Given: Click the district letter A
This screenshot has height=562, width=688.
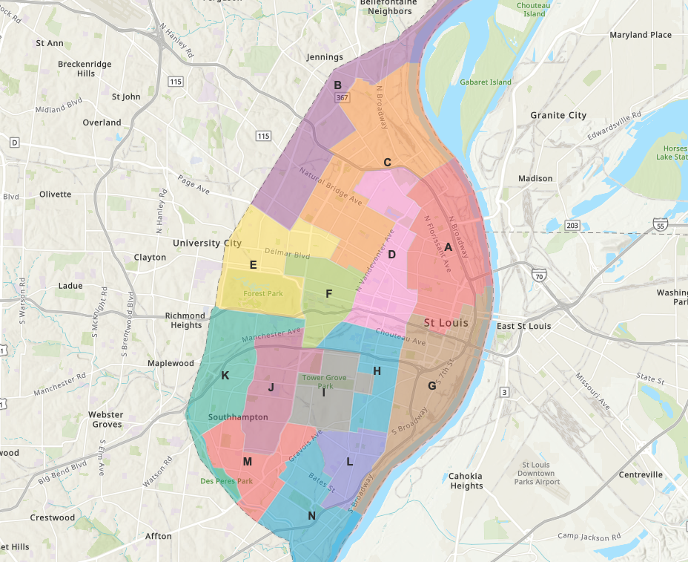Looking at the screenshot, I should (449, 248).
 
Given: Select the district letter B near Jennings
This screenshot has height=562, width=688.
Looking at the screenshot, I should (337, 85).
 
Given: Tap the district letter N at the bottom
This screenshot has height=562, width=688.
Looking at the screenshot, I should (312, 516).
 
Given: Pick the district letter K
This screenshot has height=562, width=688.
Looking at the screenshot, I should (225, 376).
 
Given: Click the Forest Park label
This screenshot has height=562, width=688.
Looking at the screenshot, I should (263, 294).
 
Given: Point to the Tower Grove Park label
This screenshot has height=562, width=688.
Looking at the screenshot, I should (324, 382).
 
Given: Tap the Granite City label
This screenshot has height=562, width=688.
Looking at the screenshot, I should (558, 115).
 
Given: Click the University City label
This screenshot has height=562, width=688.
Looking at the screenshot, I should (207, 243).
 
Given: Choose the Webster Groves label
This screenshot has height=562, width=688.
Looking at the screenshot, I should (105, 419).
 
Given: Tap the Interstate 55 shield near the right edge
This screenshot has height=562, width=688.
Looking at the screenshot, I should (660, 225).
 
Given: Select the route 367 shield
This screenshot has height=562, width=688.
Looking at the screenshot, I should (341, 97).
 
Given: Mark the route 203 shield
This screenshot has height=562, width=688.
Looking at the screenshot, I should (572, 225).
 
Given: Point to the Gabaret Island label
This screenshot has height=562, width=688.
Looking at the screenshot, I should (485, 82).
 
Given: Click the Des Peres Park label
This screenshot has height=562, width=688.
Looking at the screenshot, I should (226, 481).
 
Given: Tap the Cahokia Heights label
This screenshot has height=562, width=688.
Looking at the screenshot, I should (466, 481).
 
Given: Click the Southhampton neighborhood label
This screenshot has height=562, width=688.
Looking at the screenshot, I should (238, 417).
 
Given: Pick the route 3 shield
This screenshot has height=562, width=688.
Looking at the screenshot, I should (504, 391).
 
